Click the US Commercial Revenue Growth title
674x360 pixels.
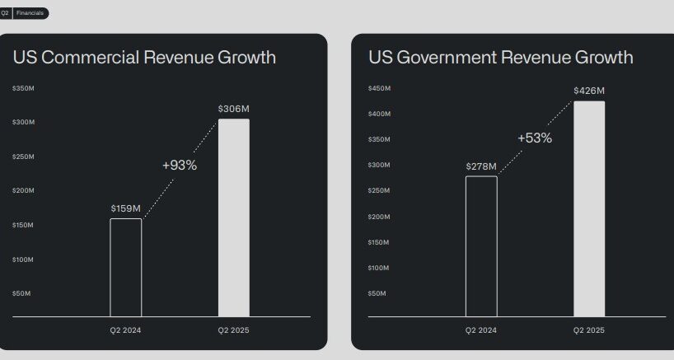coord(144,58)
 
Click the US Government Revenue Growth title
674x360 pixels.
coord(501,58)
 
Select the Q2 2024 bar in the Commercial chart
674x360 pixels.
coord(126,267)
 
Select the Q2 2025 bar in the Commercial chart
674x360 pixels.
coord(233,217)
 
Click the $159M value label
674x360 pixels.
coord(126,208)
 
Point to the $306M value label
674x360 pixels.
coord(233,109)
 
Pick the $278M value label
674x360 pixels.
coord(481,166)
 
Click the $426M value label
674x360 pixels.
coord(589,91)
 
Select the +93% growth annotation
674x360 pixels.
coord(180,165)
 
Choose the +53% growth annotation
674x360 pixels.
coord(535,138)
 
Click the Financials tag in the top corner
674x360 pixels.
coord(30,13)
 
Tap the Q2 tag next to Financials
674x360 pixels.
coord(5,13)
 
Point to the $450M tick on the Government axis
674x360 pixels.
coord(379,88)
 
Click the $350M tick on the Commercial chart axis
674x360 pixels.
coord(23,88)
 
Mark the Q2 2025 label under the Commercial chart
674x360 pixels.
coord(233,330)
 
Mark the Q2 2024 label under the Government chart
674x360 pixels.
coord(481,330)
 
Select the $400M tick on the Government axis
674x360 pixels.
coord(379,114)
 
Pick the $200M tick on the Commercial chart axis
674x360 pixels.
coord(23,191)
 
